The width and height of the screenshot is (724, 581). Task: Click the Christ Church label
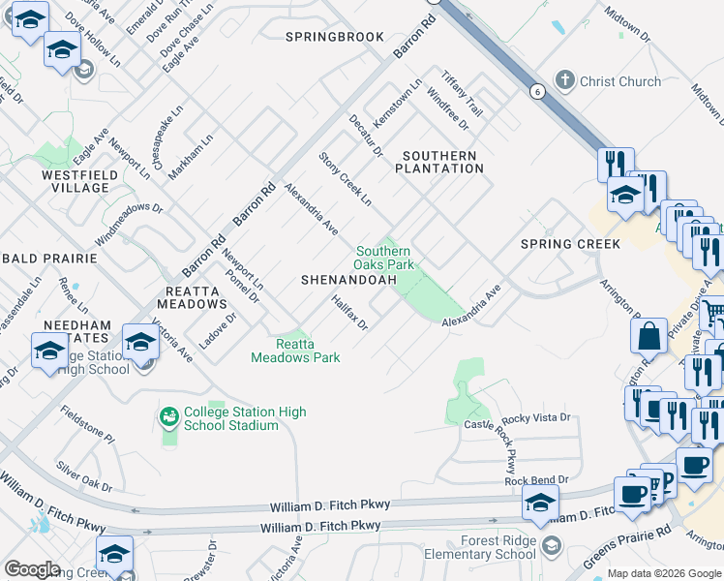coord(619,82)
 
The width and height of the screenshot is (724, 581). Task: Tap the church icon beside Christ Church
coord(565,81)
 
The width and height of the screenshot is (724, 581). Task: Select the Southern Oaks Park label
coord(385,258)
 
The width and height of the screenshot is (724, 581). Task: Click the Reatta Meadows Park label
coord(295,351)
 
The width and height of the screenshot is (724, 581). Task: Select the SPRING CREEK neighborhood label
coord(570,244)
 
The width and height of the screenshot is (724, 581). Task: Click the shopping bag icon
coord(649,336)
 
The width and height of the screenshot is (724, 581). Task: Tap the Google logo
coord(32,569)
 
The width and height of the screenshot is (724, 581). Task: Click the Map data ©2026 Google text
coord(664,573)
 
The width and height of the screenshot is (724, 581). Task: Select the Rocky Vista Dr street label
coord(538,417)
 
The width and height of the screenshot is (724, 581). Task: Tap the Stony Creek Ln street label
coord(346,179)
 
